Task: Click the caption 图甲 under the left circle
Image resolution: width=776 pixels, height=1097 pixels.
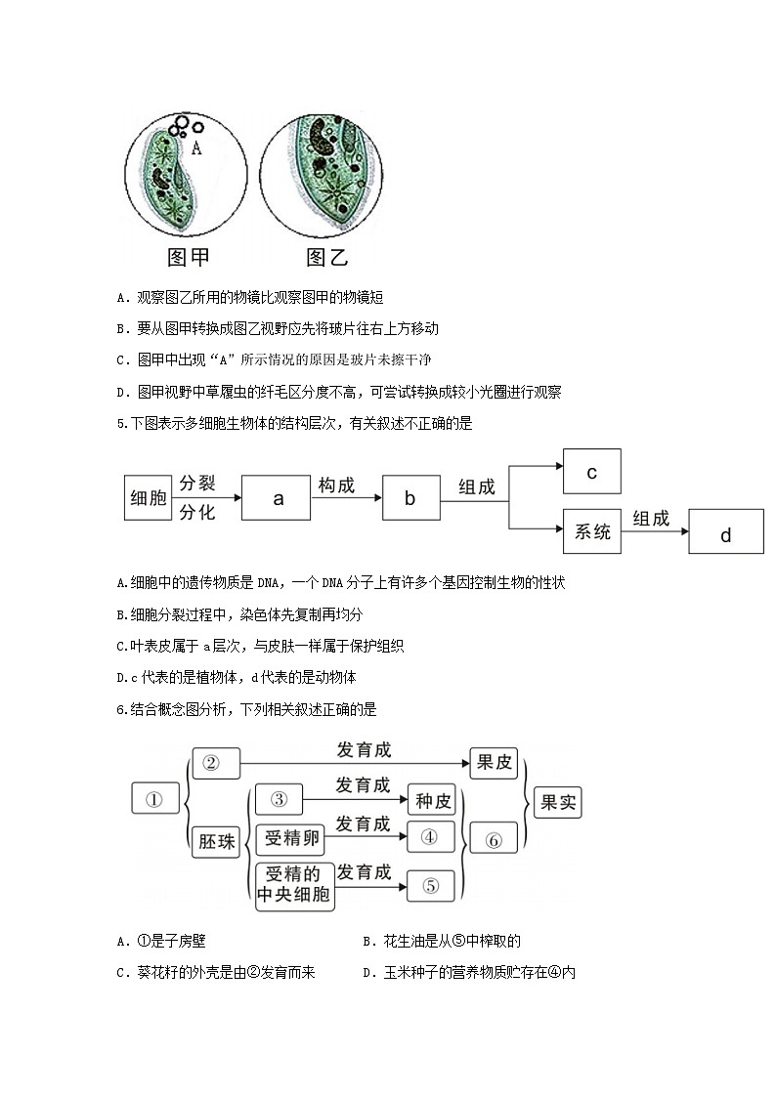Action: (189, 257)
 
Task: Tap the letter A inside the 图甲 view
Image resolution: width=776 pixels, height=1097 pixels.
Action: (196, 148)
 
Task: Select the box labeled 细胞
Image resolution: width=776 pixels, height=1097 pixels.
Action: (149, 498)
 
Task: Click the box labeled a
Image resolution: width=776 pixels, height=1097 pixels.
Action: (278, 498)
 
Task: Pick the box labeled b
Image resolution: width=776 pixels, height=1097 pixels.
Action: (410, 498)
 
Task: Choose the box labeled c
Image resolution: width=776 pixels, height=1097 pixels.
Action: (592, 472)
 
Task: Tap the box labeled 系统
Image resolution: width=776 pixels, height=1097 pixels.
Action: (592, 531)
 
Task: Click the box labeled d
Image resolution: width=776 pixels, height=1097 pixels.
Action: (725, 534)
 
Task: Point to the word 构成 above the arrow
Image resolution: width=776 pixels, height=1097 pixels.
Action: (336, 485)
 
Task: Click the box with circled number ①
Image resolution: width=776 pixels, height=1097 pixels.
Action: (154, 799)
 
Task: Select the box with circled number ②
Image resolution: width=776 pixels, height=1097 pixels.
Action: (216, 763)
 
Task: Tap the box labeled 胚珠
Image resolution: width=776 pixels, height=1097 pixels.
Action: (217, 840)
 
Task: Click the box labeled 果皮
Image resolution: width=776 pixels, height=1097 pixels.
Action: (494, 763)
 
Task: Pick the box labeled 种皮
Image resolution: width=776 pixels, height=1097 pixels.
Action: (433, 801)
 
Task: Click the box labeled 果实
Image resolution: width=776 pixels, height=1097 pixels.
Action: (558, 802)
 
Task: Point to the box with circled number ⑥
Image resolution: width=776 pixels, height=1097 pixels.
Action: (494, 839)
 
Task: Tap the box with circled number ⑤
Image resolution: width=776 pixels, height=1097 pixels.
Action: (431, 885)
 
